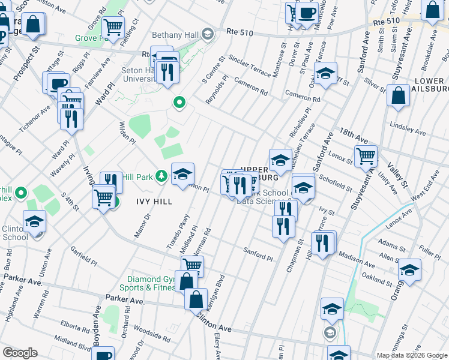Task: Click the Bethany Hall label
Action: tap(176, 34)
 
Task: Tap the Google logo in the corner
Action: tap(20, 353)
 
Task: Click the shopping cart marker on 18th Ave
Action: tap(365, 157)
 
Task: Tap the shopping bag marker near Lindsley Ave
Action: tap(398, 95)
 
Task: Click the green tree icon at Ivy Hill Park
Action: tap(161, 176)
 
